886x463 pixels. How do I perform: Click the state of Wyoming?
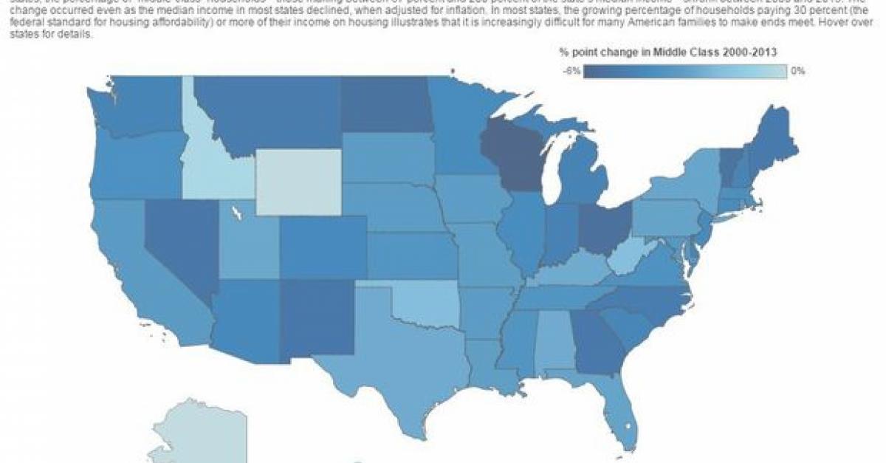pos(299,182)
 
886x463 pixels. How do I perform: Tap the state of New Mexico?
pos(314,321)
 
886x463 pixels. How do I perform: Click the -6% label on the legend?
pos(572,72)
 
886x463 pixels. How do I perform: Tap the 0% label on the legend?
pos(797,72)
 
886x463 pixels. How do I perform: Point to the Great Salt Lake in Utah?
pos(236,214)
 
